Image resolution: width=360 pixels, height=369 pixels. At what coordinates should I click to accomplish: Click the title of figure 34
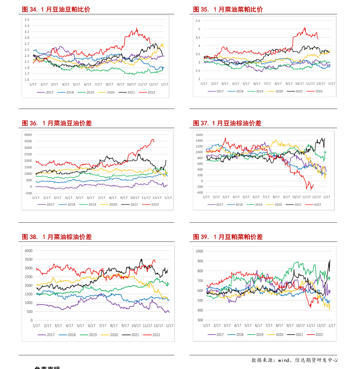click(x=56, y=9)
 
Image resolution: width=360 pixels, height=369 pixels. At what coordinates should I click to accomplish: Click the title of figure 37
click(x=227, y=123)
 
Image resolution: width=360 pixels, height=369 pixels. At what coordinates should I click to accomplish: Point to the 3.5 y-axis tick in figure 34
click(x=27, y=20)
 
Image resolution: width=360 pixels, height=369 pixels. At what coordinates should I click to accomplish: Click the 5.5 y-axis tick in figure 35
click(x=198, y=21)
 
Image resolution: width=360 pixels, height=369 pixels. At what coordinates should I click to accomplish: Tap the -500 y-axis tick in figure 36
click(x=29, y=193)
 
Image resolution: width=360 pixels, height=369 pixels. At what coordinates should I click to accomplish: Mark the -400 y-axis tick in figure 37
click(x=199, y=193)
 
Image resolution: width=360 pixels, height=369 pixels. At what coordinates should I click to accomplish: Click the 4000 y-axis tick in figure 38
click(x=29, y=251)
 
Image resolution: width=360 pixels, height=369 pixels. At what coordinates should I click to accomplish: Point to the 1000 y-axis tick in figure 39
click(x=199, y=251)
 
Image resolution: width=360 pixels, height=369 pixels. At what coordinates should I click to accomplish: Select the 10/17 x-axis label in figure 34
click(x=131, y=85)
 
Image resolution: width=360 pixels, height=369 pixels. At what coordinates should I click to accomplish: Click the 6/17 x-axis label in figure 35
click(x=257, y=84)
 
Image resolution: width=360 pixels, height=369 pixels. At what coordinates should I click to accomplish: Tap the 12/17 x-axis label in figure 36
click(x=157, y=198)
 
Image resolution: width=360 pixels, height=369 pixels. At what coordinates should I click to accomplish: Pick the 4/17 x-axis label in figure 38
click(x=69, y=325)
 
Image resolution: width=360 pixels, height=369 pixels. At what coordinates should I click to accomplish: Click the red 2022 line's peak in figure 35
click(x=305, y=28)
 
